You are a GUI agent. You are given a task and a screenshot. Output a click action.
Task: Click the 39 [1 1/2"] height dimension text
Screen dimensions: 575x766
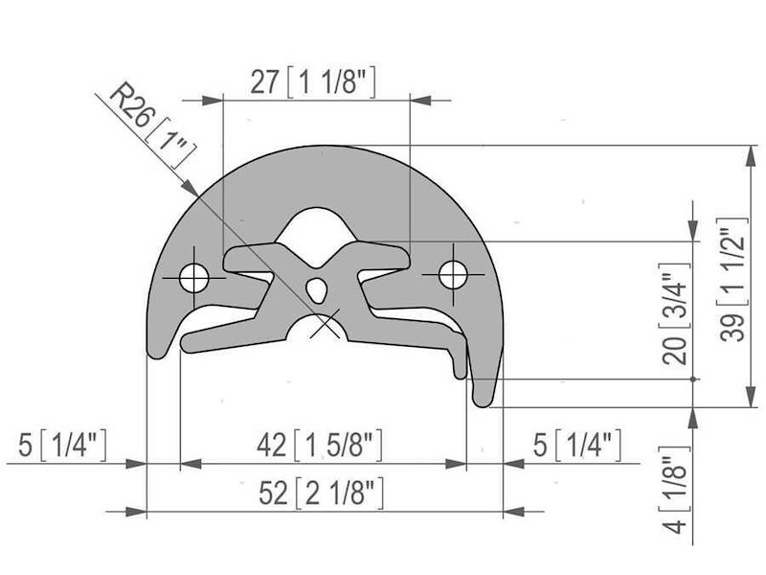point(732,278)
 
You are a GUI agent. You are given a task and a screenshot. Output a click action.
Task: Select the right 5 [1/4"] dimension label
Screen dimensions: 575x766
point(576,446)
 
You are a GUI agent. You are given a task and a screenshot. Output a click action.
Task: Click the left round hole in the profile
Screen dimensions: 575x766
point(194,278)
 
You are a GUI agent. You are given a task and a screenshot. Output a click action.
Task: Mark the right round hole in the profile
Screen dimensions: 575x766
point(454,275)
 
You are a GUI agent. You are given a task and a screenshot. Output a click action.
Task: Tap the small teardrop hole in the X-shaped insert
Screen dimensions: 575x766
point(319,286)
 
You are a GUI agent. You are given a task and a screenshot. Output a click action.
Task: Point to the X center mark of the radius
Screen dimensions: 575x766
point(327,325)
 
